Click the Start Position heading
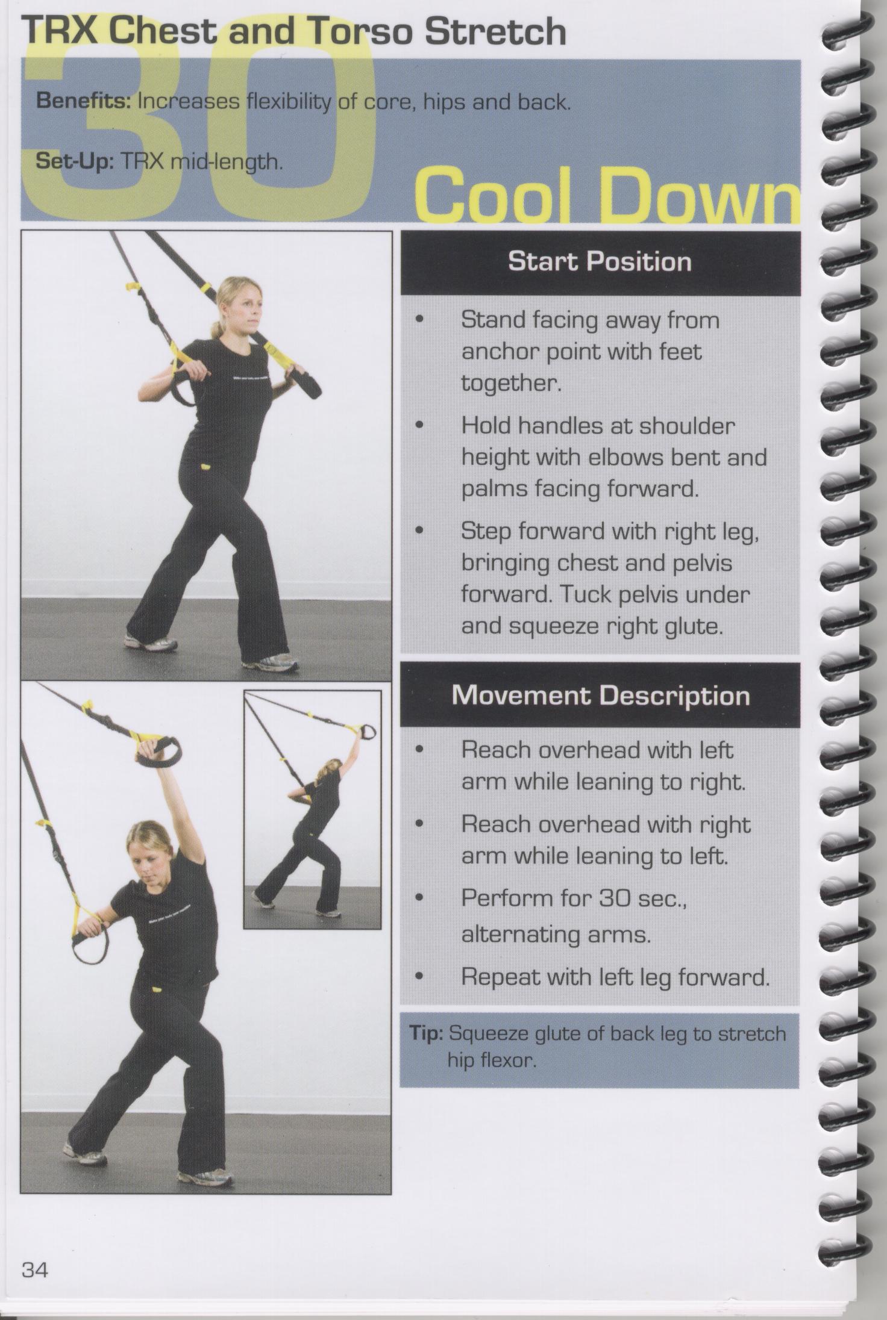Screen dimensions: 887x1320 point(600,261)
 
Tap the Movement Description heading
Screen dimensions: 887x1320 point(601,696)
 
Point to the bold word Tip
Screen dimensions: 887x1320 point(427,1033)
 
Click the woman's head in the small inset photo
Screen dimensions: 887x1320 point(332,770)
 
